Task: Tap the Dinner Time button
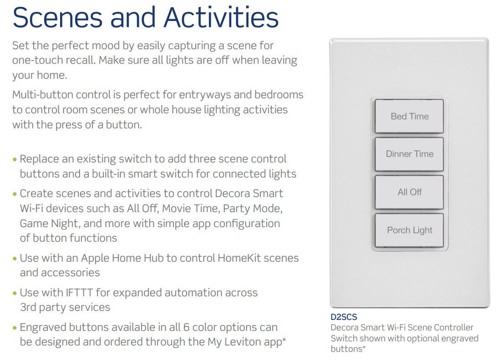point(409,154)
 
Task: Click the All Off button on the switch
point(409,192)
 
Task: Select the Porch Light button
point(409,230)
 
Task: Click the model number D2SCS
point(344,317)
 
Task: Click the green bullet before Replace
point(15,160)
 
